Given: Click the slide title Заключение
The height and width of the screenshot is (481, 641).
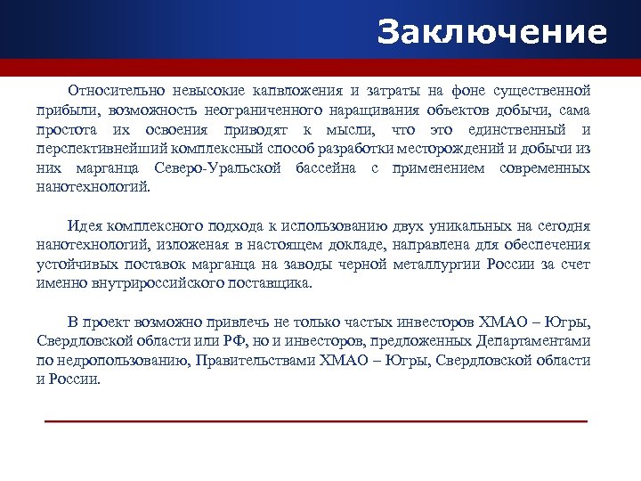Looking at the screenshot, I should (x=491, y=32).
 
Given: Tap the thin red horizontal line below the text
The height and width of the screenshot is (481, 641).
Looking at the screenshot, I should (x=316, y=420).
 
